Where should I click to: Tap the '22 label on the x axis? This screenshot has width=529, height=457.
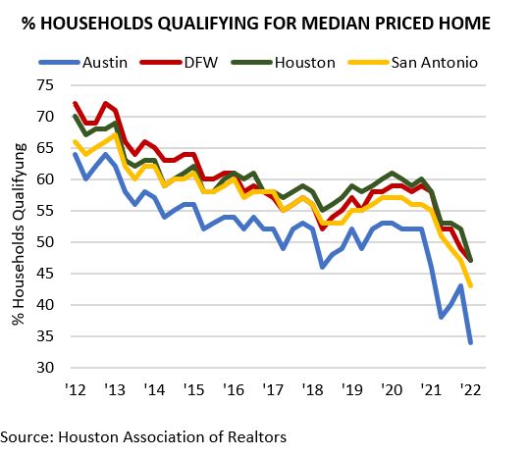pyautogui.click(x=471, y=388)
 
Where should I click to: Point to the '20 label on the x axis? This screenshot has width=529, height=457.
pyautogui.click(x=392, y=388)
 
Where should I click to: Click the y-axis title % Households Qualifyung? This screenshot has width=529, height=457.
pyautogui.click(x=19, y=230)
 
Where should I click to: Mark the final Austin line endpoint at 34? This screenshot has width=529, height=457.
pyautogui.click(x=471, y=342)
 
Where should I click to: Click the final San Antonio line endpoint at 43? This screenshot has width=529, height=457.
pyautogui.click(x=471, y=286)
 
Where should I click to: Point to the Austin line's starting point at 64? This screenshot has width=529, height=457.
pyautogui.click(x=75, y=154)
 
